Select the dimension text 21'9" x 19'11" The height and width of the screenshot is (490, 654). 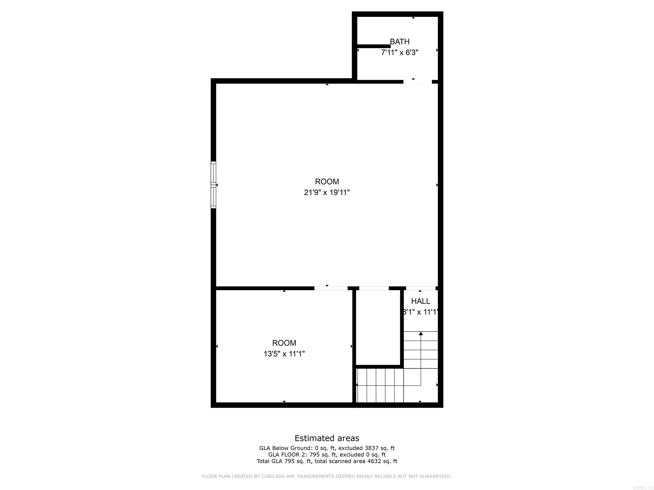pos(327,192)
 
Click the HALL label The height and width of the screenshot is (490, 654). pos(420,301)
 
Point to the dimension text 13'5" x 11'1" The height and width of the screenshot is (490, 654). pos(284,354)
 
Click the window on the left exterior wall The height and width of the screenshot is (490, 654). pos(213,185)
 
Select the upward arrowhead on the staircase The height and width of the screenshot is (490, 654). pos(421,333)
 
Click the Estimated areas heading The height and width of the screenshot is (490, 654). pos(327,438)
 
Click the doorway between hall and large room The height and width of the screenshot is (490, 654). pos(420,288)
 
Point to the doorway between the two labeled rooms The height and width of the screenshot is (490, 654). pos(331,288)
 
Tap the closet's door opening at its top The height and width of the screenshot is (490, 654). pos(374,288)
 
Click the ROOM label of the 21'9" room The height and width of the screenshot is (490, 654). pos(327,182)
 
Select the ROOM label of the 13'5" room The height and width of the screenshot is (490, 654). pos(284,343)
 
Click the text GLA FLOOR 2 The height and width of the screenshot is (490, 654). pos(287,454)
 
